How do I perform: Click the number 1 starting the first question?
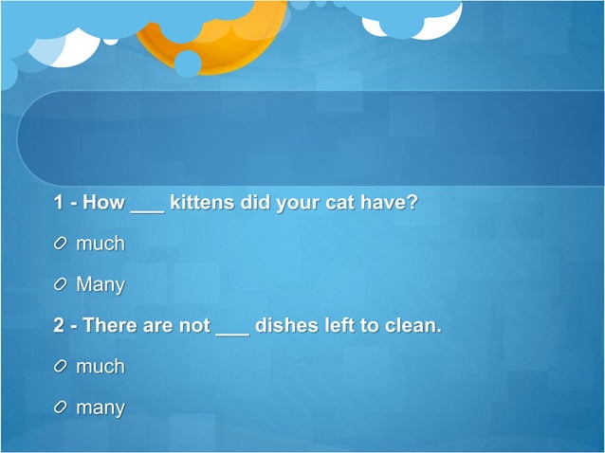[x=58, y=203]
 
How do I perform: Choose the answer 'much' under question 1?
[x=101, y=244]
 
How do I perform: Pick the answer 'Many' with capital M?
[x=101, y=284]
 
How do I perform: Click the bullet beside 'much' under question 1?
[x=62, y=245]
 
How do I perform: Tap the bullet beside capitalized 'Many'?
[x=62, y=284]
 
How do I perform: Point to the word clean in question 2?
[x=413, y=325]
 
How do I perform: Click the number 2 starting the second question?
[x=59, y=325]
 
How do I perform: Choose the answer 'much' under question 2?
[x=101, y=366]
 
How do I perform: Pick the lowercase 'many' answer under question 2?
[x=101, y=408]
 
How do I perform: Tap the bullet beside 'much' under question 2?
[x=62, y=367]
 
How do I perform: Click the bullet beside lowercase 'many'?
[x=62, y=408]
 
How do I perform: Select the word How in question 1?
[x=104, y=203]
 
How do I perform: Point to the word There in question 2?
[x=110, y=325]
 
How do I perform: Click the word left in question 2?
[x=338, y=325]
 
